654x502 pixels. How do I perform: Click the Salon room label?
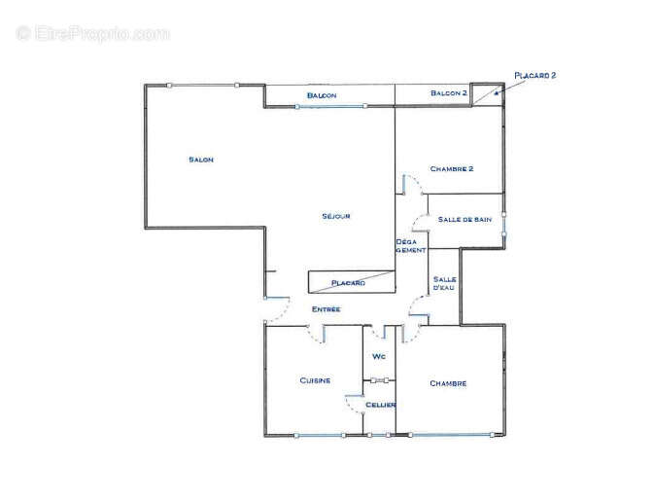pyautogui.click(x=201, y=160)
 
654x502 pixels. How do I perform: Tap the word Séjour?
pyautogui.click(x=335, y=216)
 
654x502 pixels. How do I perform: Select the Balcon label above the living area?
pyautogui.click(x=322, y=95)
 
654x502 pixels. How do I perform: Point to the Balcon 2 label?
pyautogui.click(x=450, y=93)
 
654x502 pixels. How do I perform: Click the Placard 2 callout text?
pyautogui.click(x=535, y=74)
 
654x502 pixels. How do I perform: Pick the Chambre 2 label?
pyautogui.click(x=451, y=168)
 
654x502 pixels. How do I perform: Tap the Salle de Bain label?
pyautogui.click(x=465, y=220)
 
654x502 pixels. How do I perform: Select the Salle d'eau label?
pyautogui.click(x=445, y=283)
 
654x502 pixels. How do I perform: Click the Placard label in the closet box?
pyautogui.click(x=348, y=283)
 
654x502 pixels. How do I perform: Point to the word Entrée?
pyautogui.click(x=326, y=309)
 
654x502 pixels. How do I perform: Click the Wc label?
pyautogui.click(x=379, y=357)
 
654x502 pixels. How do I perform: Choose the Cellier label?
pyautogui.click(x=380, y=404)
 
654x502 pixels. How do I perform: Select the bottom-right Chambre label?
pyautogui.click(x=448, y=383)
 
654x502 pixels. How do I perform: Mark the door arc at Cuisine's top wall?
pyautogui.click(x=316, y=335)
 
